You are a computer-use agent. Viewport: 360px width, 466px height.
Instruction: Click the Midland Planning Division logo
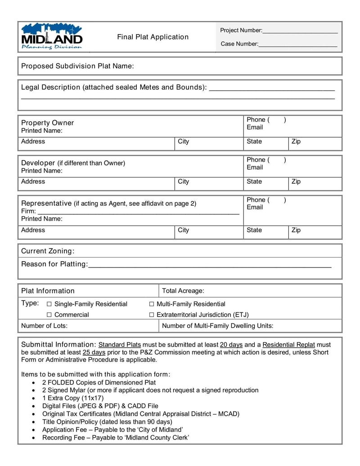(52, 36)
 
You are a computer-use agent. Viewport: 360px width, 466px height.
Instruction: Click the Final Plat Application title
(153, 37)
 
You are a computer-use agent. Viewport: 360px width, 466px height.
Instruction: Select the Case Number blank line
(298, 45)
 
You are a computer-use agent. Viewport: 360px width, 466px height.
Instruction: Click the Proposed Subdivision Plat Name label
(77, 66)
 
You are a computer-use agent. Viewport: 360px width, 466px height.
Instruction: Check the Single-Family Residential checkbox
(49, 304)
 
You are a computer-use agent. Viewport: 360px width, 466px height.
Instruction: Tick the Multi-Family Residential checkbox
(152, 304)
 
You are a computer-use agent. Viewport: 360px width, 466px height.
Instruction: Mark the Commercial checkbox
(49, 315)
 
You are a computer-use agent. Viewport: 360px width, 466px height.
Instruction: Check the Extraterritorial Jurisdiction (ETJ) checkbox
(152, 315)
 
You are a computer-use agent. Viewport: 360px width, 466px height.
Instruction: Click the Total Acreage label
(183, 291)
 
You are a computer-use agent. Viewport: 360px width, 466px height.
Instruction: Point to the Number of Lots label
(44, 326)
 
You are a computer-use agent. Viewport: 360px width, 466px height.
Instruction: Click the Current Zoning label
(48, 251)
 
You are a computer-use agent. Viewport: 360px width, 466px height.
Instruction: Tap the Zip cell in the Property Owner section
(315, 142)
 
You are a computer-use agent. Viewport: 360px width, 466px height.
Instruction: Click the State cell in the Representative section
(265, 230)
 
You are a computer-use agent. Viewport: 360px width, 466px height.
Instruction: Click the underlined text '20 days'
(231, 345)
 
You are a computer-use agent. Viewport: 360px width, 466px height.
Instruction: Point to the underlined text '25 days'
(94, 353)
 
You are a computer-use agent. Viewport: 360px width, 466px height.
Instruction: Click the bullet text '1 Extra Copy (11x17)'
(73, 398)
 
